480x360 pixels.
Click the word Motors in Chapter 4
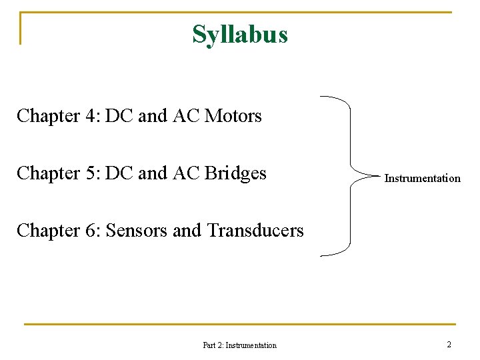233,116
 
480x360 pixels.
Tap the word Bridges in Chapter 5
235,173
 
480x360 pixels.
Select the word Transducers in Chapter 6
255,231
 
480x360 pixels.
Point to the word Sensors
137,231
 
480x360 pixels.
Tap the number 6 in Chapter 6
92,231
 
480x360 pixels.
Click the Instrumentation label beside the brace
422,179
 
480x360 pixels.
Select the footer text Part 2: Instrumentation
239,345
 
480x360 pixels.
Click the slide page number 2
449,345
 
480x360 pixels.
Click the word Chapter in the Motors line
48,116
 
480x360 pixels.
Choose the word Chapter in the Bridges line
48,173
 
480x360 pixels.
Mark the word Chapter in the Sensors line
48,231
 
